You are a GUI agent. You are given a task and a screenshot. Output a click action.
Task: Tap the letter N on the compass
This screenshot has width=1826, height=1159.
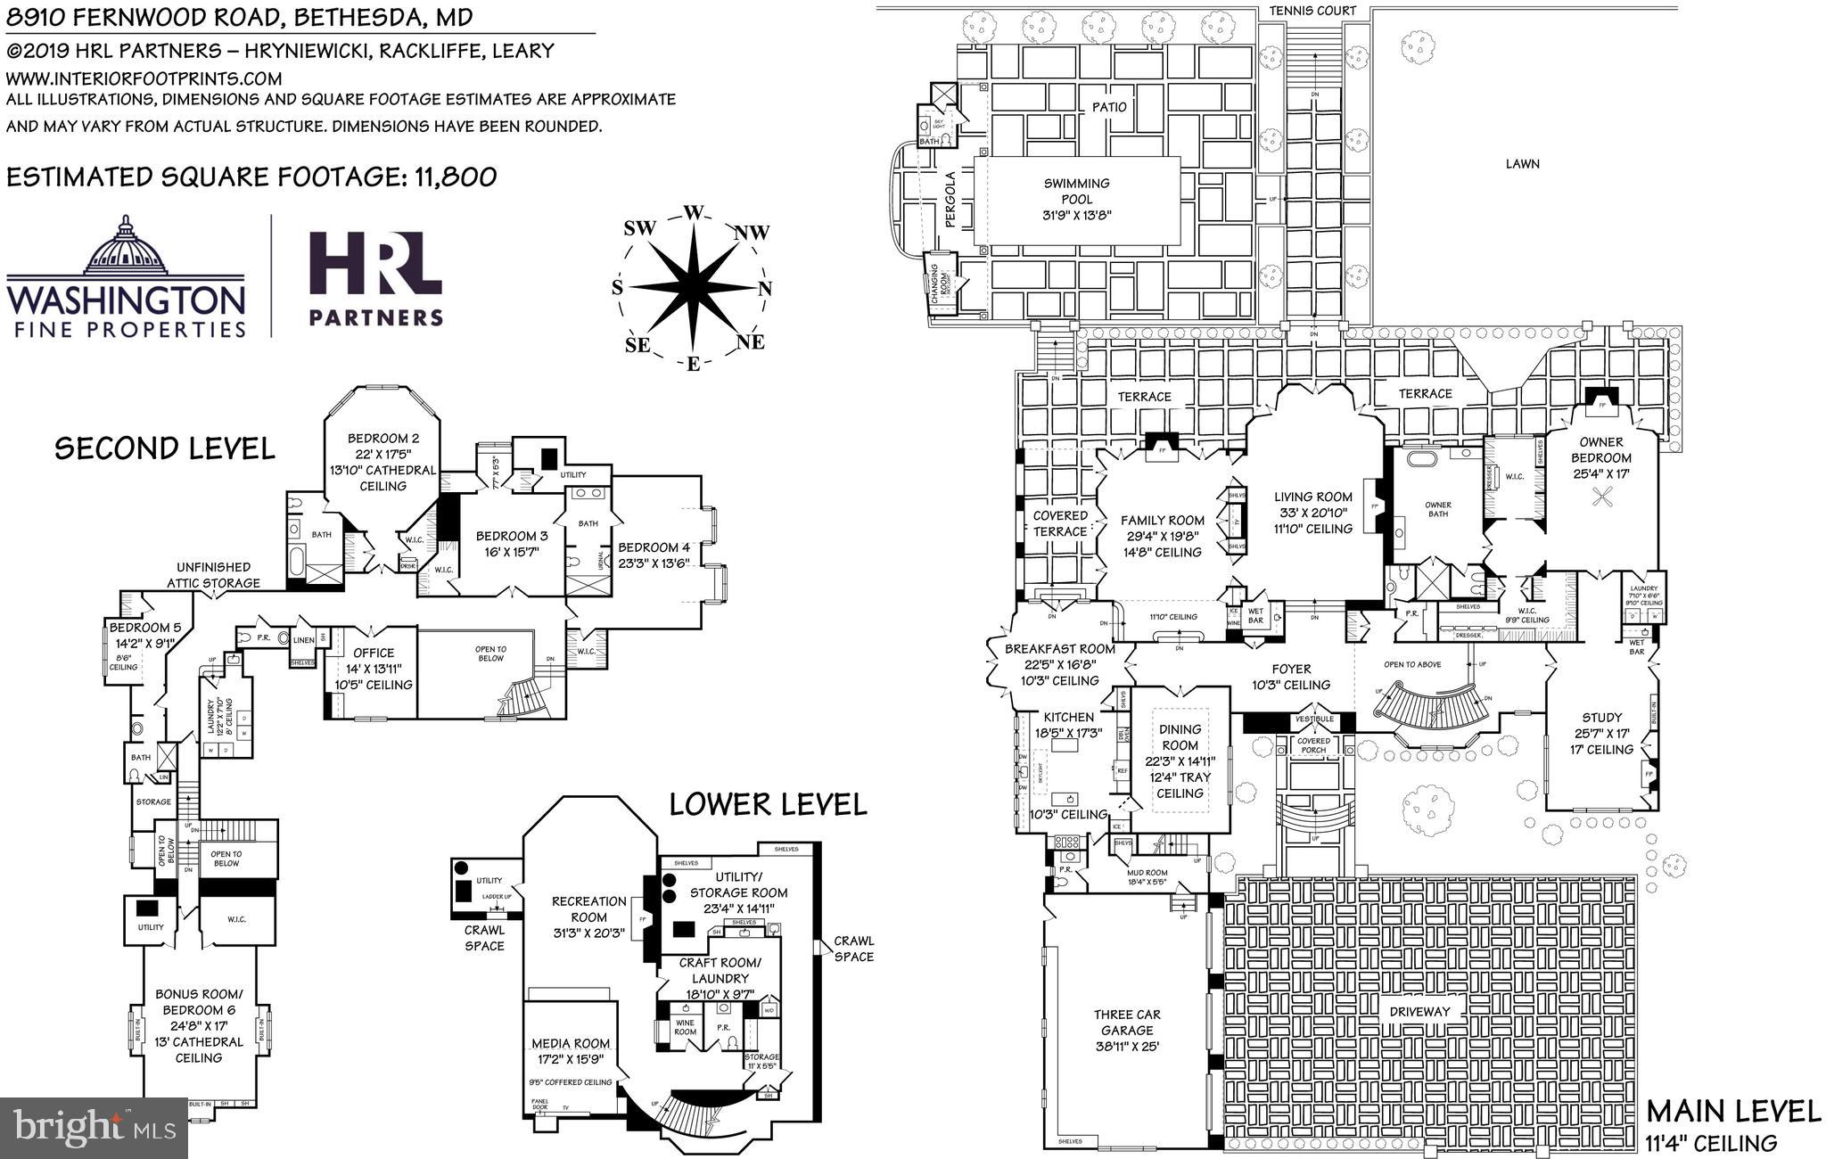pyautogui.click(x=764, y=288)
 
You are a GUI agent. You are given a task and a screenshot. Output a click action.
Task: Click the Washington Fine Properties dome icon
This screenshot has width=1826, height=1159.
pyautogui.click(x=126, y=248)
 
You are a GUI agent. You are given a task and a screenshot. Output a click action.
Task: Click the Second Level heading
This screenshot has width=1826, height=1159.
pyautogui.click(x=165, y=448)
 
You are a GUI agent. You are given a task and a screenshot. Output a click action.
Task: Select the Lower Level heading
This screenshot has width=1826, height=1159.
pyautogui.click(x=768, y=804)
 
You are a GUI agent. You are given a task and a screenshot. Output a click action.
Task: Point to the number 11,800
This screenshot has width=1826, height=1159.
pyautogui.click(x=455, y=177)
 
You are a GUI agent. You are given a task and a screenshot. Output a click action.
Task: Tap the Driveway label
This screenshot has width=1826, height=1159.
pyautogui.click(x=1419, y=1011)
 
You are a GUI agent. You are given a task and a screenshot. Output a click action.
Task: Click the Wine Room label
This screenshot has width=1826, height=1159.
pyautogui.click(x=685, y=1027)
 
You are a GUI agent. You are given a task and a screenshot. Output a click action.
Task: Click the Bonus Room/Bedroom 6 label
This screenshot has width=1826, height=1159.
pyautogui.click(x=198, y=1025)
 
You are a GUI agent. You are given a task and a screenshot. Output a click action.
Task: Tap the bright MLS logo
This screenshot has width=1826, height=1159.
pyautogui.click(x=95, y=1127)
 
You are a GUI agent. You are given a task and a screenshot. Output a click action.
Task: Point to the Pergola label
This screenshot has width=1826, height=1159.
pyautogui.click(x=950, y=200)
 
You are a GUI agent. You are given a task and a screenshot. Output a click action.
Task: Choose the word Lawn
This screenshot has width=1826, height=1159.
pyautogui.click(x=1522, y=163)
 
